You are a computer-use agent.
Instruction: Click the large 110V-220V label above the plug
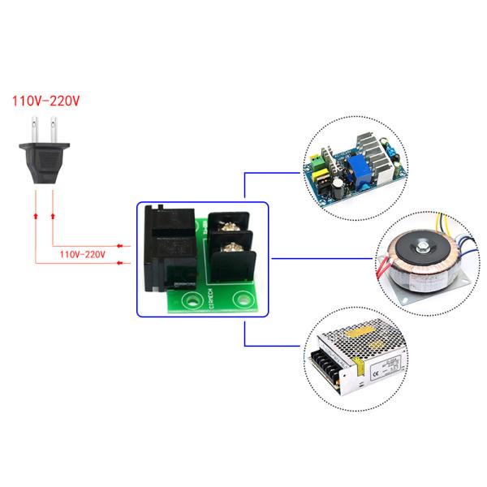[46, 102]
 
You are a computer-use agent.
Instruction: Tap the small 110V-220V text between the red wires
[83, 254]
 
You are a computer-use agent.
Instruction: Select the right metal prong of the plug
[54, 129]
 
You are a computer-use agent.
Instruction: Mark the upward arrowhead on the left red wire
[35, 217]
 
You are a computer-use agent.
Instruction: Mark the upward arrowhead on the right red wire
[54, 217]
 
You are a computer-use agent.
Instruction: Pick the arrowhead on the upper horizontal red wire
[119, 244]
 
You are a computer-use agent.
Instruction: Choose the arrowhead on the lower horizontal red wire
[119, 262]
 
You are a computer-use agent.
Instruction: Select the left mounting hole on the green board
[192, 301]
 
